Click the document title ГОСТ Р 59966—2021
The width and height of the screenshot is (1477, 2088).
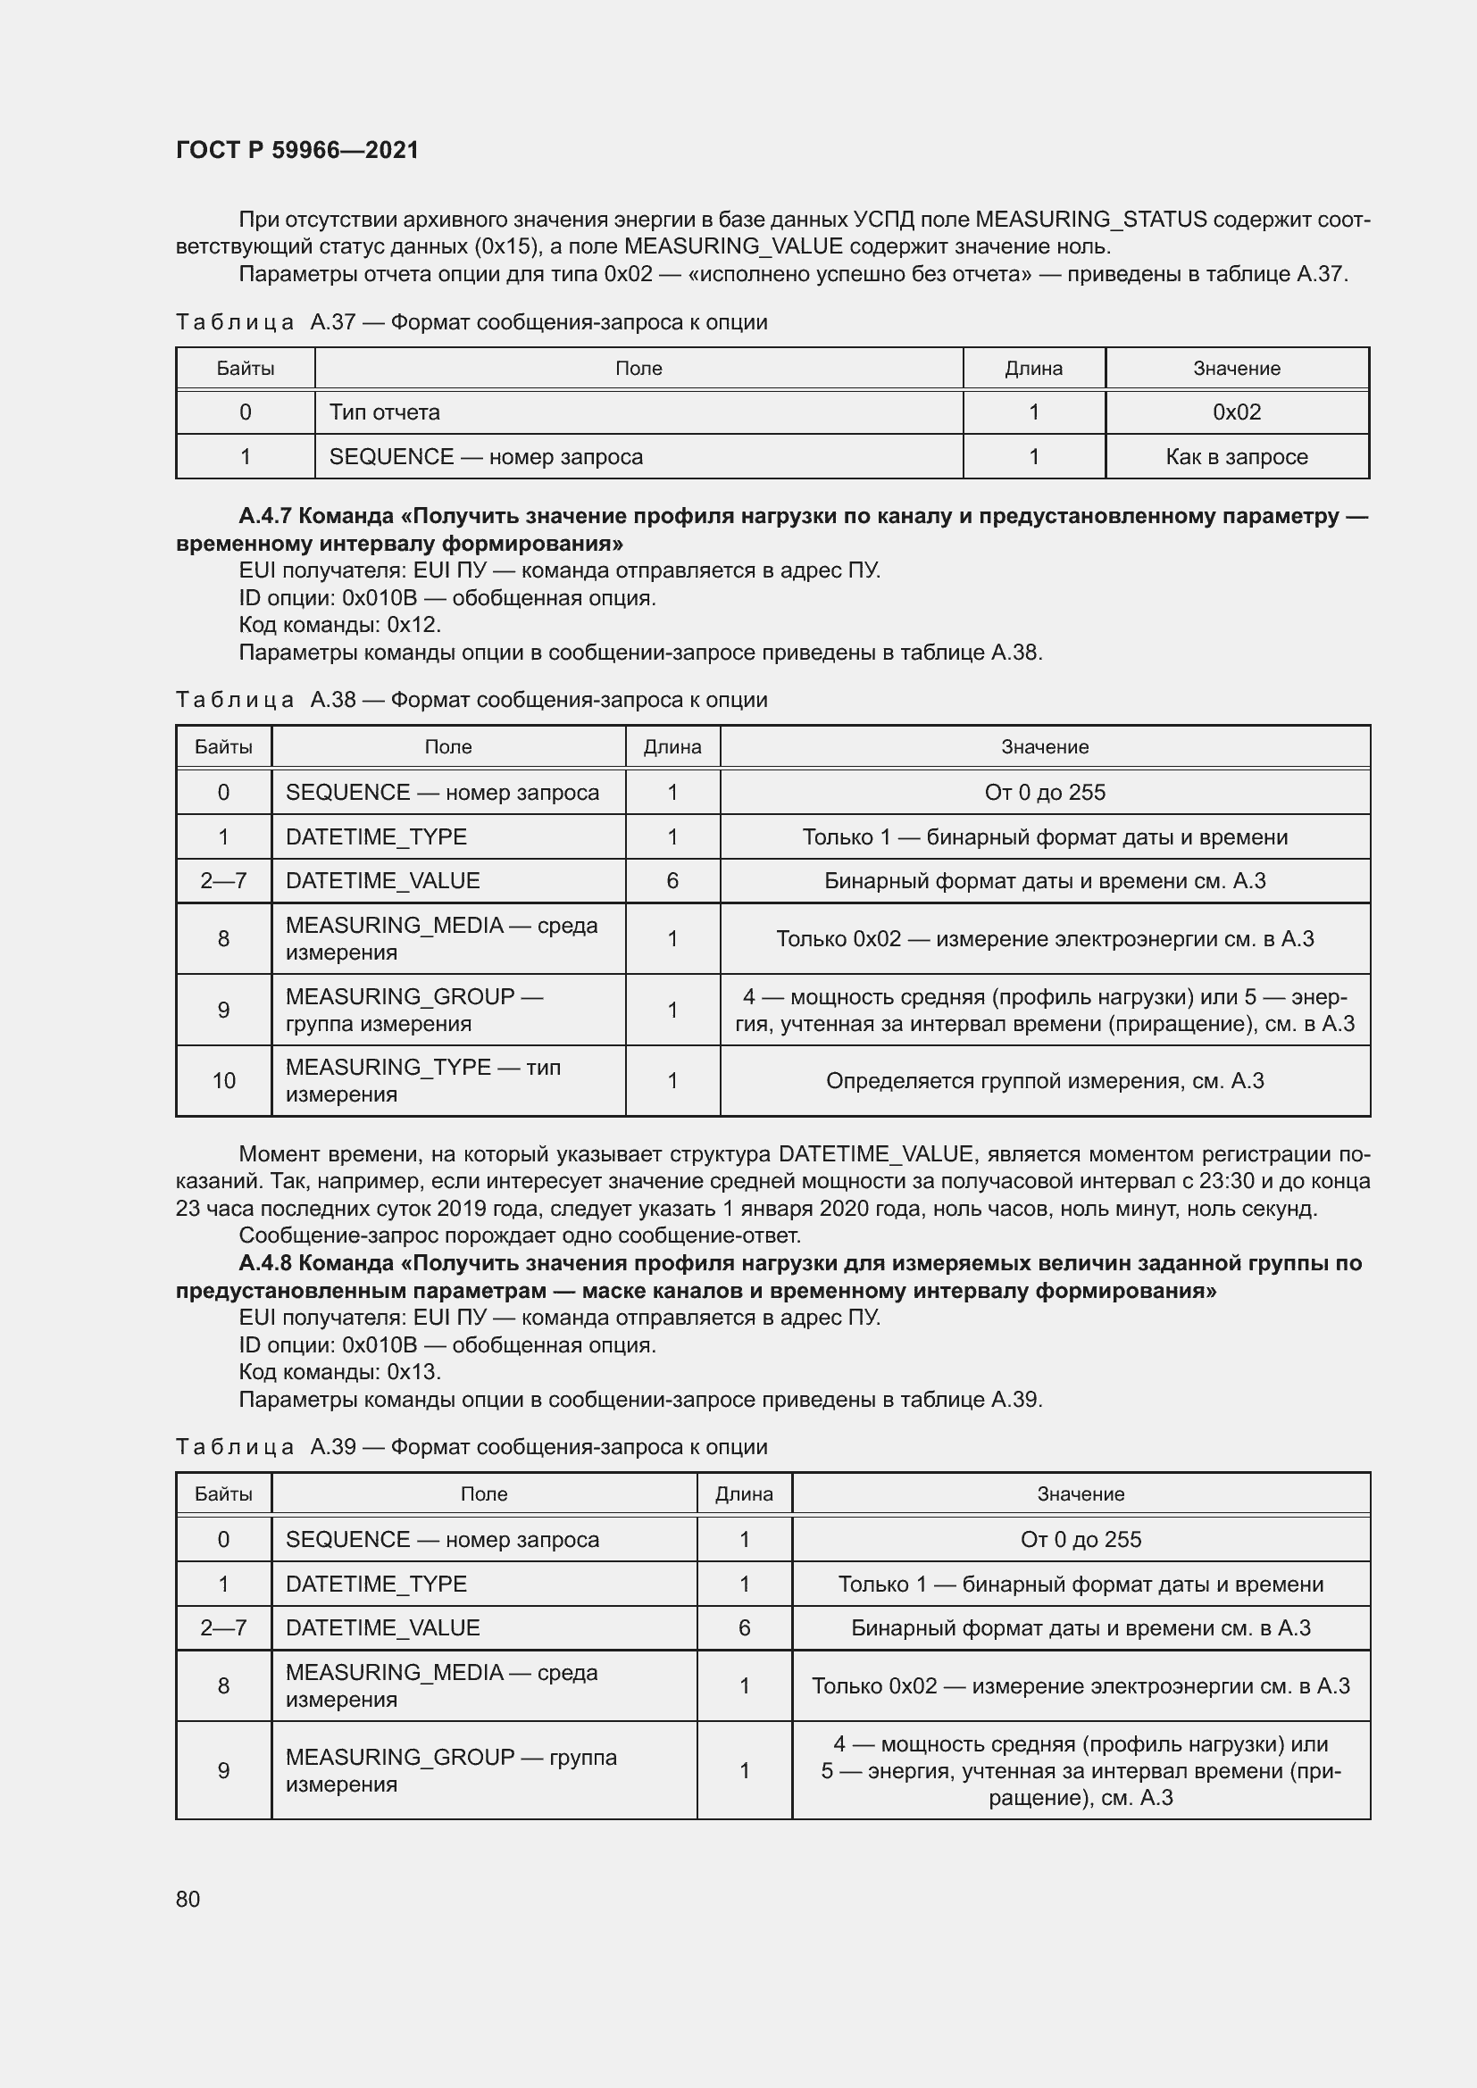(x=297, y=150)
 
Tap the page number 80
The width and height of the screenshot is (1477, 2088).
(x=188, y=1899)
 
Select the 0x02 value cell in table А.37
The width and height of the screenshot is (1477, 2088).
(x=1236, y=412)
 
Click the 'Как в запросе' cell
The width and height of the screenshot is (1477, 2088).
(x=1236, y=456)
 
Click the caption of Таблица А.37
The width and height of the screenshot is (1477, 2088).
(x=471, y=322)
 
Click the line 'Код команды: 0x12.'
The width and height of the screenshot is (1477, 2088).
(x=339, y=625)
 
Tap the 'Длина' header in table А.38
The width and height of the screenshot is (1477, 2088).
(x=672, y=746)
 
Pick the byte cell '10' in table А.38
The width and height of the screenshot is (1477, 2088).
(x=224, y=1080)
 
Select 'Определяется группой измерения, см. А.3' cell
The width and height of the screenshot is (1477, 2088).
(x=1044, y=1080)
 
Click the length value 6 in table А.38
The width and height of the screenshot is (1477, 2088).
(x=672, y=880)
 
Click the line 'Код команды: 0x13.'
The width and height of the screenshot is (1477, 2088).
(x=339, y=1371)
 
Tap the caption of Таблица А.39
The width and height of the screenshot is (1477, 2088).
(x=471, y=1446)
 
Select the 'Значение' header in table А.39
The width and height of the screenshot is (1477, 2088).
(x=1081, y=1493)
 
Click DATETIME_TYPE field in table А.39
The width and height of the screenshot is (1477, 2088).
(x=376, y=1584)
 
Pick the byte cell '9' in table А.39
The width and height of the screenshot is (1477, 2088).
(x=224, y=1769)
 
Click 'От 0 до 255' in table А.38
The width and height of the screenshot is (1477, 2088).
(x=1044, y=792)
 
